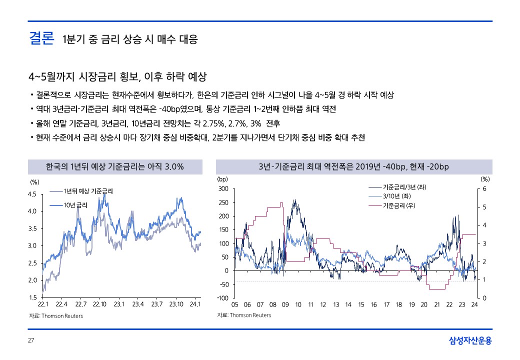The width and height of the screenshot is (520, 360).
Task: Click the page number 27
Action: click(31, 340)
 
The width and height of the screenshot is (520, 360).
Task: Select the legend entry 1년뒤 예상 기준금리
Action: click(88, 191)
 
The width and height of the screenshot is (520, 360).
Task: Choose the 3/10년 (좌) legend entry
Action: click(396, 196)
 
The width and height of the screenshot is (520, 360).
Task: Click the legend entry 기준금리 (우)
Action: click(399, 205)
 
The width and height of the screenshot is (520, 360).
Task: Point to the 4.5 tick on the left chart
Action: click(32, 194)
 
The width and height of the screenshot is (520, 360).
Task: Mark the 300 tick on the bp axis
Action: click(223, 188)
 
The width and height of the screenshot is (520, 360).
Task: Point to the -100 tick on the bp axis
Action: click(222, 298)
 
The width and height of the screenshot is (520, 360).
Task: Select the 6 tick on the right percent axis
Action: click(484, 188)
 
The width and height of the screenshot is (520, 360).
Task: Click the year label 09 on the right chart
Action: click(285, 304)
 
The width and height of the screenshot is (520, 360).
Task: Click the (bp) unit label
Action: click(222, 178)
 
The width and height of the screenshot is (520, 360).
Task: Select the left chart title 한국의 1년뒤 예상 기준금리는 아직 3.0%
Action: click(115, 166)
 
